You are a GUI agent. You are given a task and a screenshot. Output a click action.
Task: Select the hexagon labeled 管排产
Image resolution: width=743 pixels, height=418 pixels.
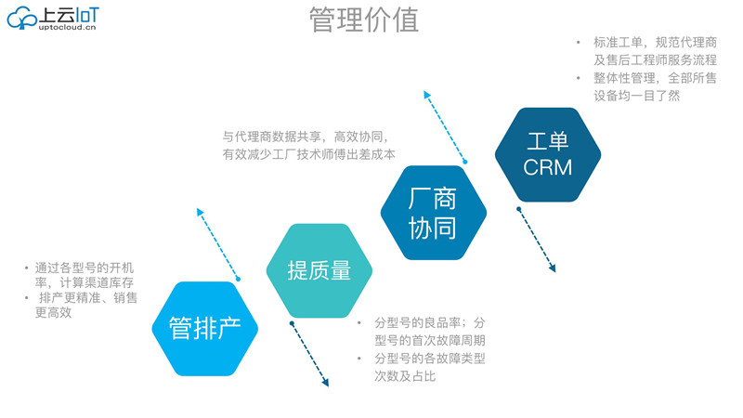click(x=204, y=327)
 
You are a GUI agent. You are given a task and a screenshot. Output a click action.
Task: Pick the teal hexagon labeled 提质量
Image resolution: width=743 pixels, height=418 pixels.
click(x=319, y=270)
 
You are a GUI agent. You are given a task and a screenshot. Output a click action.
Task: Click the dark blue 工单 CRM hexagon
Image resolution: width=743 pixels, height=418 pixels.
click(x=547, y=154)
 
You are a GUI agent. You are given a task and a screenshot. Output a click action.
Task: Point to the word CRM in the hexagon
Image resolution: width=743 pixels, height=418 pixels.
click(x=547, y=167)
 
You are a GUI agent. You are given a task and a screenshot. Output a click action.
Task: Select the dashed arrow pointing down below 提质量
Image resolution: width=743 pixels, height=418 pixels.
click(x=309, y=353)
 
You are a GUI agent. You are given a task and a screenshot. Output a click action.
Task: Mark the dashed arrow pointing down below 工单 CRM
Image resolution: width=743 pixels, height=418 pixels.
click(x=537, y=238)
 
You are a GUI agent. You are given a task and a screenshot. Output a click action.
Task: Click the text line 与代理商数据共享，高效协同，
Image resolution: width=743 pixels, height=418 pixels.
click(x=310, y=135)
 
